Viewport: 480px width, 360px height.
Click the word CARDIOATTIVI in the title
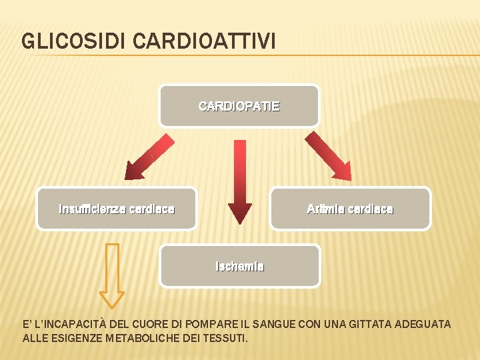[204, 41]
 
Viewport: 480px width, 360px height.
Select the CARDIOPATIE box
[239, 105]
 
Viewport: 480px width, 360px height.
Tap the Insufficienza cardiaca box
[117, 209]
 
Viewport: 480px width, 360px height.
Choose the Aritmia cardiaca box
[350, 209]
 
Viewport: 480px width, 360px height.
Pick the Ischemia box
[239, 266]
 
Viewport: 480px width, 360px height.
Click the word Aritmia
[323, 209]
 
